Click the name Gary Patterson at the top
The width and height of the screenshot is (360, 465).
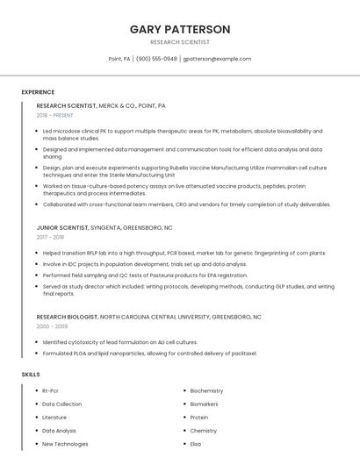coord(180,29)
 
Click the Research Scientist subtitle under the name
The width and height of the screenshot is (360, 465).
coord(180,42)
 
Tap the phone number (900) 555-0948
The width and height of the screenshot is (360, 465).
coord(156,59)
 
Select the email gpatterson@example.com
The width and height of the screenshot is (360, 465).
coord(217,59)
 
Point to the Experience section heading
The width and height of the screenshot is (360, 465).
coord(38,92)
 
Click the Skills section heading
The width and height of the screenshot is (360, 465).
coord(30,375)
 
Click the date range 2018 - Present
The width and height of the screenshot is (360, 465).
coord(54,115)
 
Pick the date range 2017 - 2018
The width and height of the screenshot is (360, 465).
coord(50,237)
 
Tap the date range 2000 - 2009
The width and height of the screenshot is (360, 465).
coord(52,325)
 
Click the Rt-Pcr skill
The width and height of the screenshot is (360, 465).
coord(50,390)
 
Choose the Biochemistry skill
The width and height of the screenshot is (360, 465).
coord(206,390)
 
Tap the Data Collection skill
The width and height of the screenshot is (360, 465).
coord(61,404)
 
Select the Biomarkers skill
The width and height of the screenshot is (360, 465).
coord(204,404)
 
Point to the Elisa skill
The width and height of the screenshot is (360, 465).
coord(197,444)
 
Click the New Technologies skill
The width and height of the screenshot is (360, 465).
coord(65,444)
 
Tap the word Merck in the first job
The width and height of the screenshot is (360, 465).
coord(110,105)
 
